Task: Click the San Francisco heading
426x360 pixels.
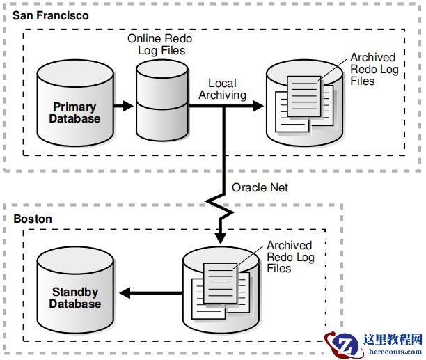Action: pyautogui.click(x=51, y=15)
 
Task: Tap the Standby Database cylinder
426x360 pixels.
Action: pyautogui.click(x=74, y=292)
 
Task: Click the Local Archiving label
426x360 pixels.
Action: pyautogui.click(x=223, y=89)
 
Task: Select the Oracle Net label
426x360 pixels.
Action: pyautogui.click(x=260, y=187)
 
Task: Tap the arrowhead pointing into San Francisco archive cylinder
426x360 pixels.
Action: pyautogui.click(x=258, y=107)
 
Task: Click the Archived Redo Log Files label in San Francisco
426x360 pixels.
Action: pyautogui.click(x=372, y=69)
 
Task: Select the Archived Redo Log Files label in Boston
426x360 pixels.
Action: pyautogui.click(x=290, y=257)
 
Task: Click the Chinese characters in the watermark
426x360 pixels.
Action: pyautogui.click(x=393, y=339)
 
